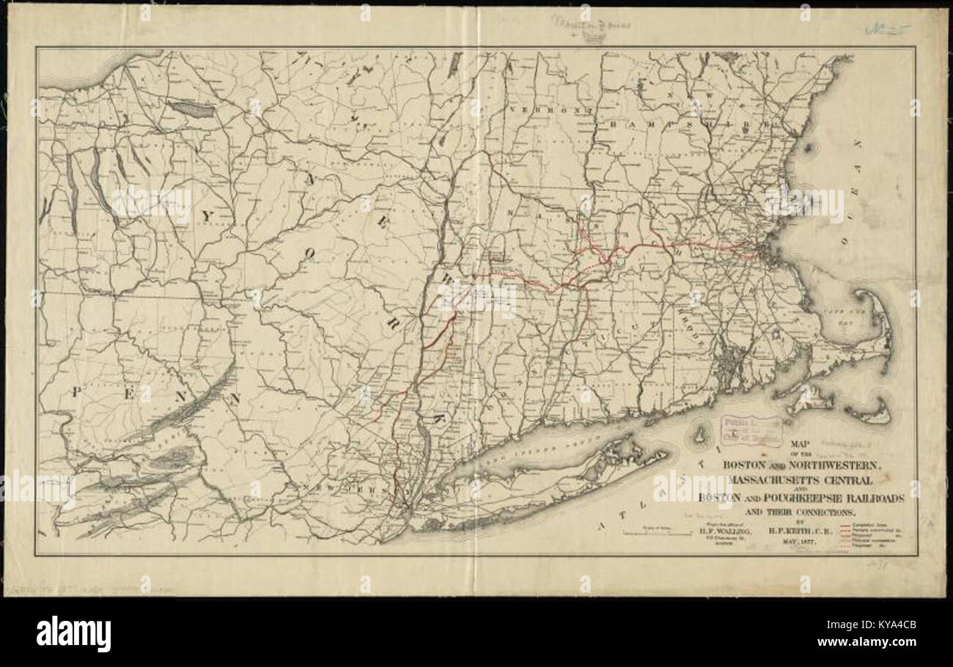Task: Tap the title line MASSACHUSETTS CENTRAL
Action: tap(801, 480)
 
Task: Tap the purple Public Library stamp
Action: tap(751, 431)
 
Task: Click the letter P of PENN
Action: tap(76, 392)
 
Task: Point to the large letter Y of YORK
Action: tap(207, 215)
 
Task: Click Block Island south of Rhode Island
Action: tap(699, 436)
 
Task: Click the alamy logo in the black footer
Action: tap(73, 634)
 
